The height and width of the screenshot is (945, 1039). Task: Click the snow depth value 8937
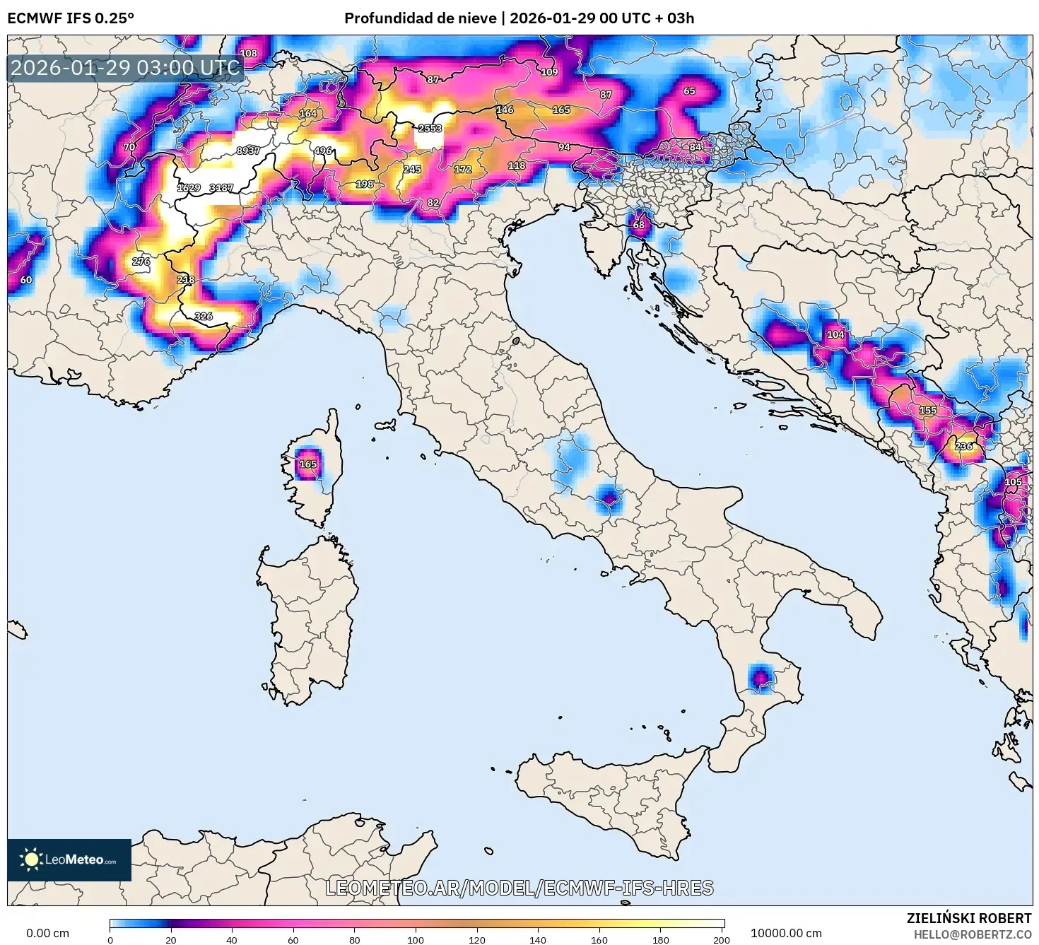click(248, 151)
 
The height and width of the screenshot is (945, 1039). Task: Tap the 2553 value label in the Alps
click(430, 129)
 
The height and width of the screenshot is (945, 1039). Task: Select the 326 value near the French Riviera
click(204, 316)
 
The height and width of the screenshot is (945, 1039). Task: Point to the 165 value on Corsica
click(308, 464)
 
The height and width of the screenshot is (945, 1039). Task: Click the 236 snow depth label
click(963, 446)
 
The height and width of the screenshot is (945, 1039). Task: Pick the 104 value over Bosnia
click(835, 334)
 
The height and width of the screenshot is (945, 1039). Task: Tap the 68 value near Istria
click(639, 225)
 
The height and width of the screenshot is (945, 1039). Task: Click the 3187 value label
click(221, 188)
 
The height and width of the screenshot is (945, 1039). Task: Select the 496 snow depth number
click(323, 151)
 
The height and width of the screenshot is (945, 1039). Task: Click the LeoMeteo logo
click(69, 859)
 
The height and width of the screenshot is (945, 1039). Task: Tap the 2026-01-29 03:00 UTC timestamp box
click(126, 68)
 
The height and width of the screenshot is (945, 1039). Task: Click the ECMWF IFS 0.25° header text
click(71, 18)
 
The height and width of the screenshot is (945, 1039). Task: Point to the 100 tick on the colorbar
click(416, 939)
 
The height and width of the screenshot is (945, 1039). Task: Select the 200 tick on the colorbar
click(721, 939)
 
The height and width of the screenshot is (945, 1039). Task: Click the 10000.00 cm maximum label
click(786, 933)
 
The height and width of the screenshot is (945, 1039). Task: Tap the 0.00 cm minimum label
click(47, 933)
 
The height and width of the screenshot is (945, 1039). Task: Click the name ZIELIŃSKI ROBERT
click(968, 918)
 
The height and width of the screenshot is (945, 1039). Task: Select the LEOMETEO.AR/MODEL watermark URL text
click(519, 888)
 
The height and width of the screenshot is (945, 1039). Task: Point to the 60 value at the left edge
click(26, 280)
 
